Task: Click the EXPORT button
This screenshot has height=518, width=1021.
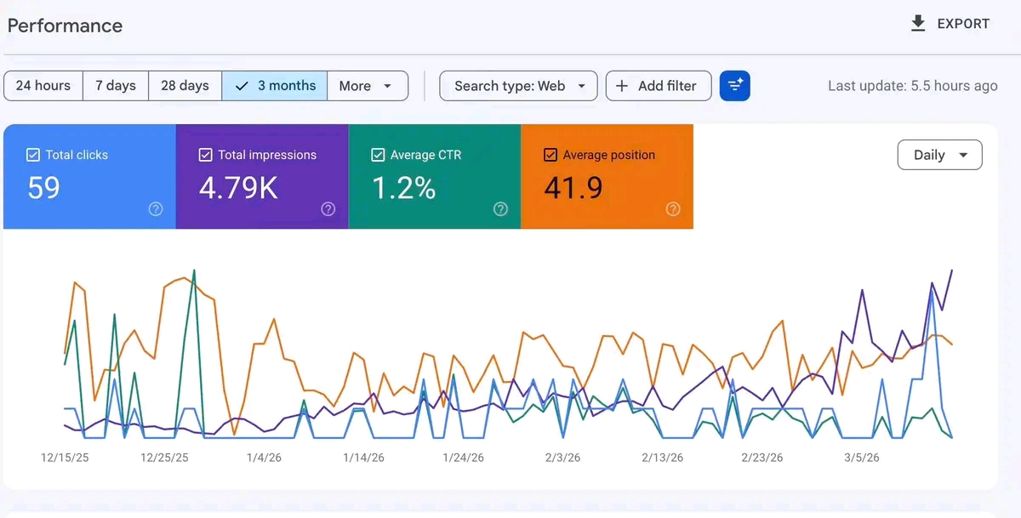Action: pyautogui.click(x=950, y=24)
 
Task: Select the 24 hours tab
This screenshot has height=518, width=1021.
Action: pyautogui.click(x=43, y=86)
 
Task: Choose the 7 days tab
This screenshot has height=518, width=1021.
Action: pyautogui.click(x=116, y=86)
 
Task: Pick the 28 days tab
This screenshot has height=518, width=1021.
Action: pyautogui.click(x=185, y=86)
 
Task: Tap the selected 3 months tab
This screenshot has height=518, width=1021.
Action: pyautogui.click(x=275, y=86)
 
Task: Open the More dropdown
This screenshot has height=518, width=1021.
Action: pyautogui.click(x=366, y=86)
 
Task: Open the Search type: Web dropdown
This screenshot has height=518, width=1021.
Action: pyautogui.click(x=519, y=86)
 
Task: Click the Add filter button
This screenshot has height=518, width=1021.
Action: pyautogui.click(x=658, y=86)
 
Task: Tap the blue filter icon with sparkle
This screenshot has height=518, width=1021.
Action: pyautogui.click(x=734, y=86)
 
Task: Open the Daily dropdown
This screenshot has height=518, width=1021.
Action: pyautogui.click(x=939, y=155)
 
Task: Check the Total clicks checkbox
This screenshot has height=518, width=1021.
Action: pyautogui.click(x=33, y=155)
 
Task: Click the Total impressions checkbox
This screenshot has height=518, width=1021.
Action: pyautogui.click(x=205, y=155)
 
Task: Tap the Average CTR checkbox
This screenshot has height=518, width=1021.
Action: pyautogui.click(x=378, y=155)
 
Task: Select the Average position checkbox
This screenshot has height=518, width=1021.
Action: pyautogui.click(x=550, y=155)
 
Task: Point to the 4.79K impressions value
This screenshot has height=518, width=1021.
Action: pyautogui.click(x=238, y=188)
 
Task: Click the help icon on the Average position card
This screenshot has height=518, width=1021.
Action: pyautogui.click(x=673, y=209)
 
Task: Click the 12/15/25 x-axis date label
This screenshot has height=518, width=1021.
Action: pyautogui.click(x=65, y=458)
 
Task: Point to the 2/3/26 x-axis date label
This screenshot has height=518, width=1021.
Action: pyautogui.click(x=562, y=458)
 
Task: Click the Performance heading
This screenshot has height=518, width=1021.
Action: pyautogui.click(x=65, y=26)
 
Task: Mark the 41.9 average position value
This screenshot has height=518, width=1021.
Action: pyautogui.click(x=573, y=188)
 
